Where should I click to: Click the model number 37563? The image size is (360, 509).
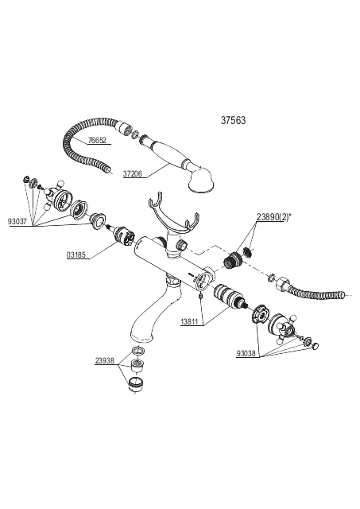pyautogui.click(x=233, y=120)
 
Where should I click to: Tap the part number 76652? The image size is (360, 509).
pyautogui.click(x=97, y=140)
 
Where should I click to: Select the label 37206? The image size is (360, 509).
pyautogui.click(x=133, y=173)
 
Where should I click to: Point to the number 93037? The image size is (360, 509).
pyautogui.click(x=17, y=222)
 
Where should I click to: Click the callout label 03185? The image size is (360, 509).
pyautogui.click(x=76, y=254)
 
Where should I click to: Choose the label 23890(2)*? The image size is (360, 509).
pyautogui.click(x=273, y=217)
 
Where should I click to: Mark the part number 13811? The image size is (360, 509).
pyautogui.click(x=190, y=321)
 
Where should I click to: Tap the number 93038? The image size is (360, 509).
pyautogui.click(x=246, y=353)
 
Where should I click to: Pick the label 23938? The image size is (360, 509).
pyautogui.click(x=105, y=360)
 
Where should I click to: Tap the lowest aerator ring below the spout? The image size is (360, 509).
pyautogui.click(x=135, y=384)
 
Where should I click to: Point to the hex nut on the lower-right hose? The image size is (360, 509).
pyautogui.click(x=282, y=285)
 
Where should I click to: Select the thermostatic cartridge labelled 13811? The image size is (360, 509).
pyautogui.click(x=229, y=295)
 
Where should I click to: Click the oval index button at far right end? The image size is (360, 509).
pyautogui.click(x=315, y=346)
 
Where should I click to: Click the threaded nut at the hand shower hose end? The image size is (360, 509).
pyautogui.click(x=125, y=127)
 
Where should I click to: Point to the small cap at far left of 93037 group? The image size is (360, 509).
pyautogui.click(x=26, y=179)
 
